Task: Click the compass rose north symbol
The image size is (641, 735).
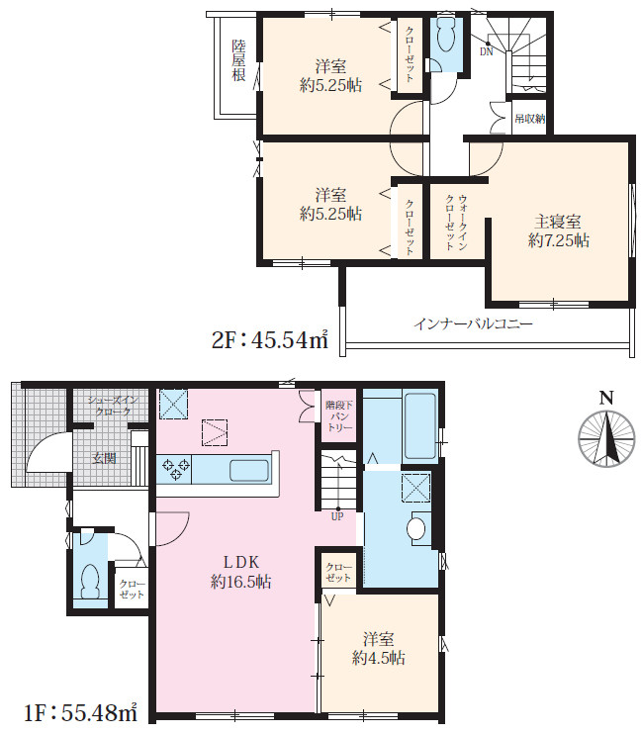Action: point(606,438)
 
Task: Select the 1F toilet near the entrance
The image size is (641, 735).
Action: point(89,581)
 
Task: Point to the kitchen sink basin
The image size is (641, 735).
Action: point(249,470)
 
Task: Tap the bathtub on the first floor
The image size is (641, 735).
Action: point(420,425)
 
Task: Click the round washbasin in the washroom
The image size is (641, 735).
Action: point(416,529)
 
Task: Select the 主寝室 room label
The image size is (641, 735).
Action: point(558,221)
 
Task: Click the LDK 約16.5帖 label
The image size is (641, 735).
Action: point(240,572)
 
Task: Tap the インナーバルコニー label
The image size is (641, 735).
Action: point(473,323)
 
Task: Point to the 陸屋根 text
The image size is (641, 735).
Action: point(239,60)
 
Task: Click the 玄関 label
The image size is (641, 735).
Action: point(104,458)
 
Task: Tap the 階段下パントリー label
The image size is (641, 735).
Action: point(339,416)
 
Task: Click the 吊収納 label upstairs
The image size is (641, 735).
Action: point(530,119)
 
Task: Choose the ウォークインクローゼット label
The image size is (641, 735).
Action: point(456,223)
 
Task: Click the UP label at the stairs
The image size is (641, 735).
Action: point(337,516)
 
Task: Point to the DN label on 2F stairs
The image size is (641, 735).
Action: point(487,52)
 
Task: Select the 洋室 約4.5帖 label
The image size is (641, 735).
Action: point(379,648)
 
